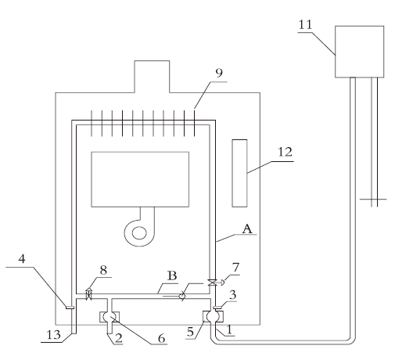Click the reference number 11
(305, 25)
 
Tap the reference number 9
(219, 73)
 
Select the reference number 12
(285, 152)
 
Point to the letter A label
(247, 229)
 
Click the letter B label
(172, 275)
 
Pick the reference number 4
(22, 259)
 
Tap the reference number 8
(103, 270)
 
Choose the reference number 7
(235, 268)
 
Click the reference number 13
(53, 334)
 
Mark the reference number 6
(162, 338)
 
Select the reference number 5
(190, 332)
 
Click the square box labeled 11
(359, 52)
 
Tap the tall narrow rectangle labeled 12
(239, 173)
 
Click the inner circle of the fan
(139, 233)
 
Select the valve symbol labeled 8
(89, 293)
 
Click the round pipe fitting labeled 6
(110, 317)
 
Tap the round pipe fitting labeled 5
(213, 316)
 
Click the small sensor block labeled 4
(70, 308)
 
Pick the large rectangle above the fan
(140, 179)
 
